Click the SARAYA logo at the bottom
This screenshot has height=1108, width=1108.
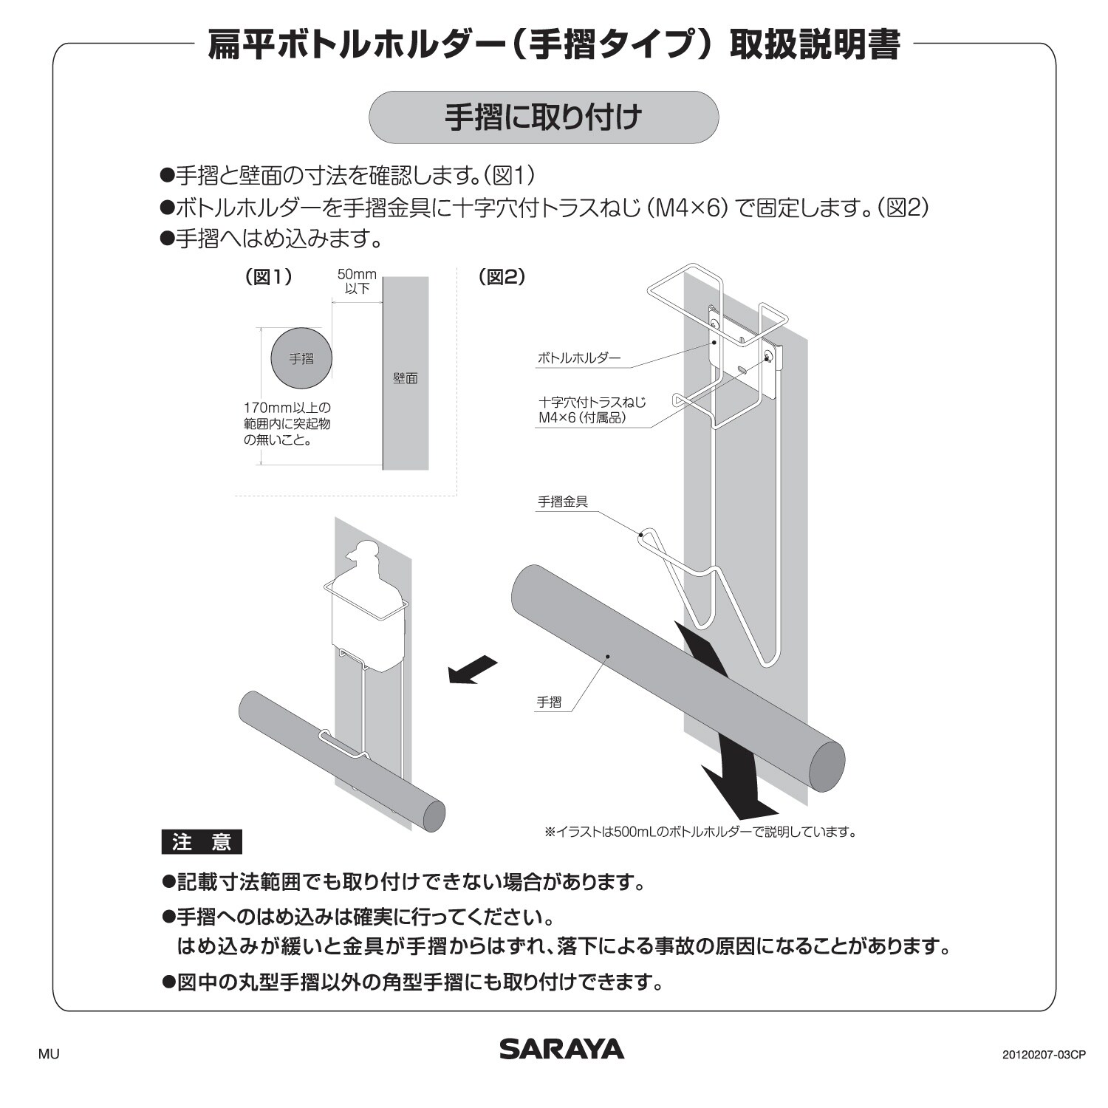click(561, 1049)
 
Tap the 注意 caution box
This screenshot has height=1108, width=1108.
click(202, 841)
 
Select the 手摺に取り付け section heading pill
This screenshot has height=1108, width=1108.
click(543, 117)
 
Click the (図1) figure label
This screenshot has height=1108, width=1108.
click(268, 277)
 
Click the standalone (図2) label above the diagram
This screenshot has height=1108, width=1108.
click(502, 277)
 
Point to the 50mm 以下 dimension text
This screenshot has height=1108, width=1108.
click(357, 281)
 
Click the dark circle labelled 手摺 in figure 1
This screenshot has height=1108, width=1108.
click(301, 358)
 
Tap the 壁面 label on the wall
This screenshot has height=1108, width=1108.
click(406, 378)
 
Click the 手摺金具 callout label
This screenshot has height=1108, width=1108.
click(563, 502)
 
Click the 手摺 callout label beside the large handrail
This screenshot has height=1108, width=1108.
click(549, 702)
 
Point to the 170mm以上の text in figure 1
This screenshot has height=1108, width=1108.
click(288, 408)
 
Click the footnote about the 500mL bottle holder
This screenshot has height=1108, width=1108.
click(700, 832)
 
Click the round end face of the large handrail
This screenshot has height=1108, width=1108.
click(827, 766)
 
